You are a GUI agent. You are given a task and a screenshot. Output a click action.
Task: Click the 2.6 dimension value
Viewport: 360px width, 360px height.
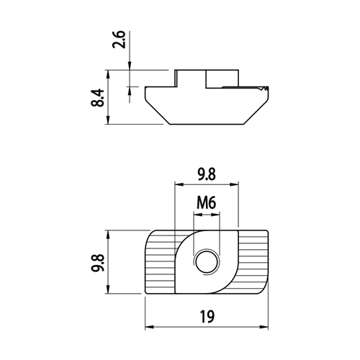(x=119, y=40)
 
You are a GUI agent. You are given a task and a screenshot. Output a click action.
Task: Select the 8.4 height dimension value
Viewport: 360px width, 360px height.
(x=97, y=98)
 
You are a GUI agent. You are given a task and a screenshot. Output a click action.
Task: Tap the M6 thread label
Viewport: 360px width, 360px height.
(x=207, y=203)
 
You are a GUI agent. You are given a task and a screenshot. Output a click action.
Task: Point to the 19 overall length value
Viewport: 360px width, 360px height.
(x=207, y=317)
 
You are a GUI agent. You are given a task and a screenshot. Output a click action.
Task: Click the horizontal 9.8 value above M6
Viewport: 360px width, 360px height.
(x=207, y=174)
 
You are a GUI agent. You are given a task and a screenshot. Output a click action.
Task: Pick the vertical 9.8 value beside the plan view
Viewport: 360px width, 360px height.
(x=98, y=262)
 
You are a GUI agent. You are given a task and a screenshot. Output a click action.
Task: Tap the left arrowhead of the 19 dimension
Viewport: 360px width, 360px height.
(x=149, y=327)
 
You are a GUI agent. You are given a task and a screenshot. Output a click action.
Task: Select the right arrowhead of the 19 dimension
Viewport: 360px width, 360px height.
(x=264, y=327)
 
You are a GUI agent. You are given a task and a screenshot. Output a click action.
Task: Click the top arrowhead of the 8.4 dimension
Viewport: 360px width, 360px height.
(x=108, y=74)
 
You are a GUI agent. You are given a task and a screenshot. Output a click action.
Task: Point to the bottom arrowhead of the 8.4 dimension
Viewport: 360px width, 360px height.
(x=108, y=120)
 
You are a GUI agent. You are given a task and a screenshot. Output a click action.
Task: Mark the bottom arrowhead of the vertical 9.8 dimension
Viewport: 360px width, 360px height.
(x=108, y=289)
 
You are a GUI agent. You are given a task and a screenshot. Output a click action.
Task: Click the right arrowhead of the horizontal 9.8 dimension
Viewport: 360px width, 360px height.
(x=234, y=184)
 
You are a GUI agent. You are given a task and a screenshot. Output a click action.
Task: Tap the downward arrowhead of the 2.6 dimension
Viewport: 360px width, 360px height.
(x=130, y=66)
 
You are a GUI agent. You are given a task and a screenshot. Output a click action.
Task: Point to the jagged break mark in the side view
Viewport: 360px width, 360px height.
(x=264, y=89)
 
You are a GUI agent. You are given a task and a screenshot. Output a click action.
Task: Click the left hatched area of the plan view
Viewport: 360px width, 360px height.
(x=160, y=261)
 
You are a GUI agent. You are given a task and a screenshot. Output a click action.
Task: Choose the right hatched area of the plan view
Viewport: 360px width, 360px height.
(x=253, y=261)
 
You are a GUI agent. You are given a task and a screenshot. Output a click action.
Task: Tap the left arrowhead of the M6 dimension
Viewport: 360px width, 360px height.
(x=197, y=215)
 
